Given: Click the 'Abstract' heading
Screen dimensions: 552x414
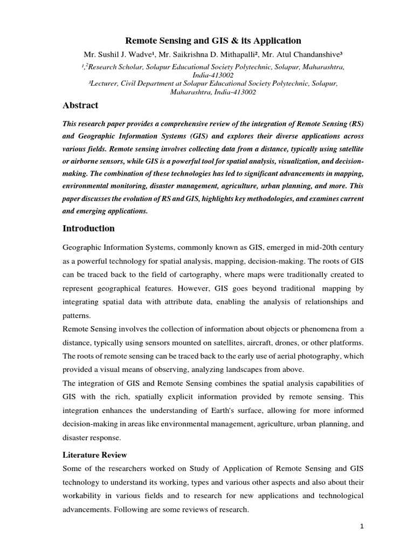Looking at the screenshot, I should [81, 106].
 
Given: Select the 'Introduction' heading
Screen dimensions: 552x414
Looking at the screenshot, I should [89, 229].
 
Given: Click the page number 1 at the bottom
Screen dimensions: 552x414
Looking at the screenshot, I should [363, 527].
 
